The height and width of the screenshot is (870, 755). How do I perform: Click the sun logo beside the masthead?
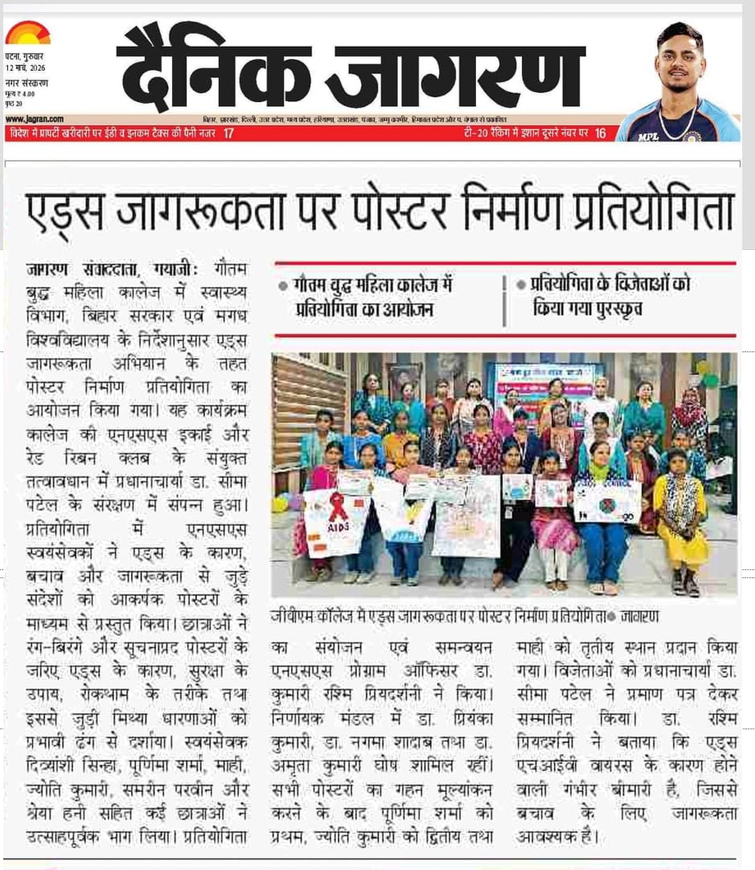click(x=27, y=33)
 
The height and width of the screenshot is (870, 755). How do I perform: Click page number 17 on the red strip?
click(x=229, y=133)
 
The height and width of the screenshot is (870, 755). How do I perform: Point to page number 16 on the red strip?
click(x=601, y=133)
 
